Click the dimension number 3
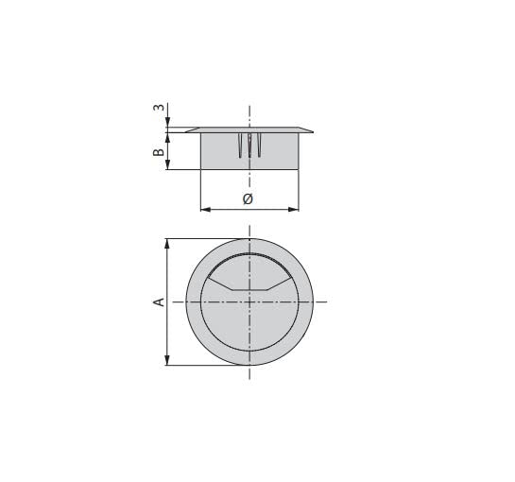pyautogui.click(x=159, y=107)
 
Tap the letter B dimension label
pyautogui.click(x=159, y=152)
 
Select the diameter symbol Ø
pyautogui.click(x=248, y=198)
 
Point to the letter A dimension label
pyautogui.click(x=159, y=301)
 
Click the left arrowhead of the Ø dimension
pyautogui.click(x=206, y=209)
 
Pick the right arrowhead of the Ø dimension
pyautogui.click(x=294, y=209)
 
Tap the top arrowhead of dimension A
pyautogui.click(x=167, y=244)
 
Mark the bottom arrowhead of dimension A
pyautogui.click(x=167, y=360)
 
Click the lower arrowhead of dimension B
pyautogui.click(x=167, y=164)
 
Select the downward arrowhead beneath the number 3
pyautogui.click(x=167, y=122)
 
